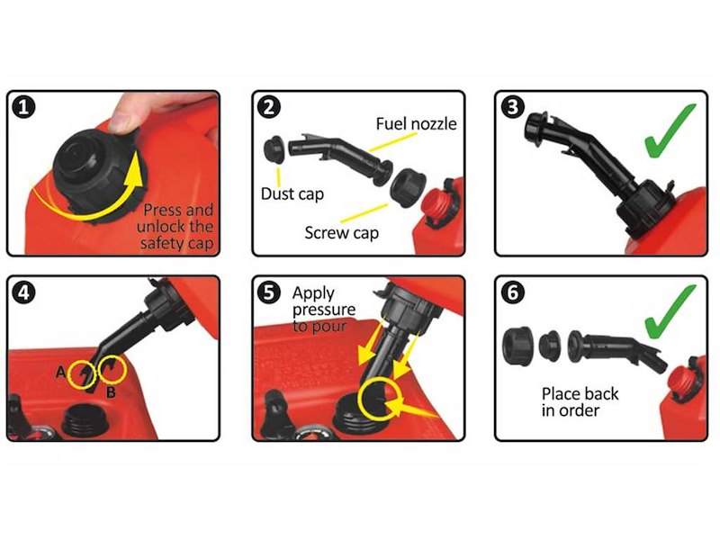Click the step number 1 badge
click(27, 109)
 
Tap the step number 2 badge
click(268, 109)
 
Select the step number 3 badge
click(513, 109)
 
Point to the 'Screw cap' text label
click(341, 232)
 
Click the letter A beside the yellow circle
click(59, 371)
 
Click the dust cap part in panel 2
click(276, 148)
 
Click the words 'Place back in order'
click(580, 401)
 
